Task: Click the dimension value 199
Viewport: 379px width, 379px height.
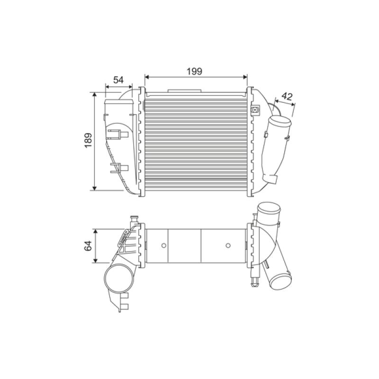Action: [194, 72]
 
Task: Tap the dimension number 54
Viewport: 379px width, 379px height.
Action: [118, 80]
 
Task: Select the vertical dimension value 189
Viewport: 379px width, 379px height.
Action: [88, 140]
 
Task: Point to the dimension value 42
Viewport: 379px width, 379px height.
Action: [287, 97]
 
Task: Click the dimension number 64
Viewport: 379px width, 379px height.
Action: [88, 245]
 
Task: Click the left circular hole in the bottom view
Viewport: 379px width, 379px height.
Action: [163, 245]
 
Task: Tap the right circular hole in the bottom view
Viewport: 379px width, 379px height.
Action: [228, 245]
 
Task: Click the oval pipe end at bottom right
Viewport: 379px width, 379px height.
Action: [280, 281]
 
